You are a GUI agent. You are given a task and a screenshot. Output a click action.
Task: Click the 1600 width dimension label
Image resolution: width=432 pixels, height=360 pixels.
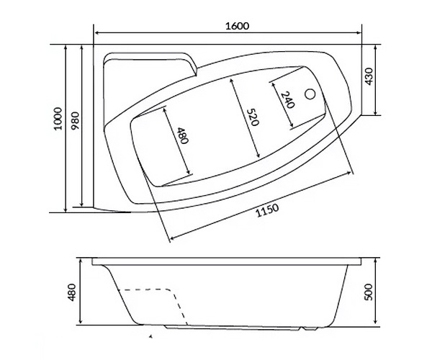pos(237,26)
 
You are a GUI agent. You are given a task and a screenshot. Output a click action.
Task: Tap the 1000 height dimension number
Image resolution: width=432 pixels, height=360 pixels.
pos(58,118)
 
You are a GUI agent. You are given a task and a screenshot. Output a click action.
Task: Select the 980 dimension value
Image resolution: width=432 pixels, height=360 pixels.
pos(75,121)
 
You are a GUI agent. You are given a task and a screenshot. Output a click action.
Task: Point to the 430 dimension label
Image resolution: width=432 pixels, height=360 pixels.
pos(369,76)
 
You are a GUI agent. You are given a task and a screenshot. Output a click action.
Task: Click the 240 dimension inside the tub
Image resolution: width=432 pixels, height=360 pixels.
pos(288,99)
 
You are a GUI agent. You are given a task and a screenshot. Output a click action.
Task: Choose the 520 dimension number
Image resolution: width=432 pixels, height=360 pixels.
pos(253,117)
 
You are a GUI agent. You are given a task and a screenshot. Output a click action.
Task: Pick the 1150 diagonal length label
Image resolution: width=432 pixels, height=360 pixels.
pos(267,210)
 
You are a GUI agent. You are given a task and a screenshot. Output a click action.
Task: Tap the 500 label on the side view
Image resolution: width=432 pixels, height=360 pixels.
pos(369,292)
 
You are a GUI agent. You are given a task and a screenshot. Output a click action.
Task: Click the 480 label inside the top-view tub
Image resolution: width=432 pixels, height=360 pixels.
pos(182,135)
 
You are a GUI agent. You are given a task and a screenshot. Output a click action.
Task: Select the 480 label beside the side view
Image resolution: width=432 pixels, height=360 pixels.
pos(71,292)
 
